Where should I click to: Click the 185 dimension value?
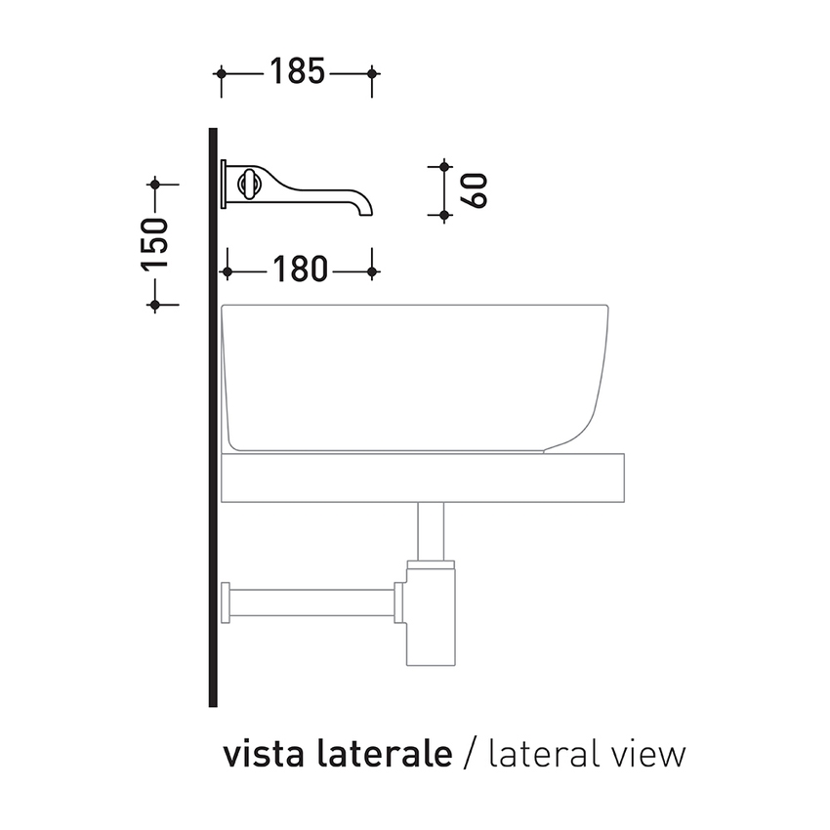(297, 73)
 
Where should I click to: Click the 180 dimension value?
(300, 270)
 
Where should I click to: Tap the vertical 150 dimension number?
(155, 244)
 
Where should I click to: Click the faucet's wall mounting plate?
(225, 184)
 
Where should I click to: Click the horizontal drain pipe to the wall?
(312, 602)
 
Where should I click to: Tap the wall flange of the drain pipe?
(227, 602)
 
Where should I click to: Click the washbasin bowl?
(415, 376)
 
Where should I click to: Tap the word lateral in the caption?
(549, 754)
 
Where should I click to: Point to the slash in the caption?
(470, 754)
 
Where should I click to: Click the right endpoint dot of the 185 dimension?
(372, 73)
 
